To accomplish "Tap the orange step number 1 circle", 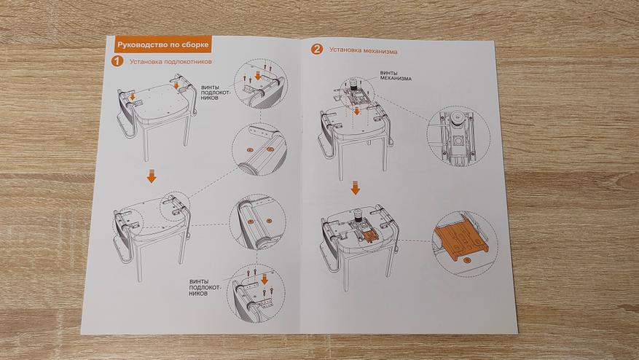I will pyautogui.click(x=117, y=61).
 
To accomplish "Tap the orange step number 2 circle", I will pyautogui.click(x=316, y=50).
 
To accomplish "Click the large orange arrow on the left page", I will pyautogui.click(x=151, y=176).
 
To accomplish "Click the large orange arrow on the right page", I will pyautogui.click(x=356, y=188).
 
